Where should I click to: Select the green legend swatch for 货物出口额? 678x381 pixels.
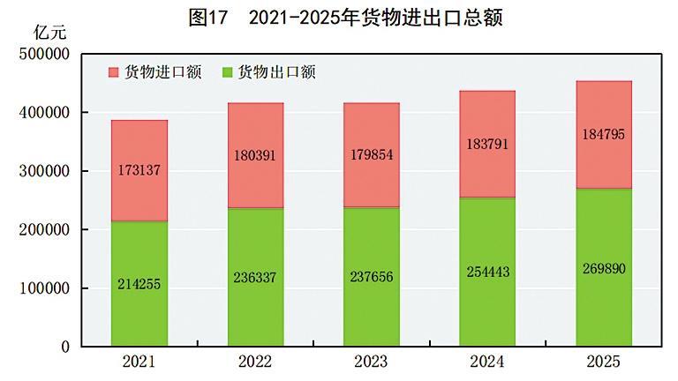click(229, 72)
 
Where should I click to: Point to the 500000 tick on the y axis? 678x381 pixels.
click(43, 54)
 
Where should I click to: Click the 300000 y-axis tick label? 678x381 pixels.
click(43, 171)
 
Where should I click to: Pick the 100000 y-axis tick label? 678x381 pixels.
click(43, 288)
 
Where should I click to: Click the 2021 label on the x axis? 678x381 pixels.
click(139, 362)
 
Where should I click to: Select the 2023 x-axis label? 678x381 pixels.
click(371, 362)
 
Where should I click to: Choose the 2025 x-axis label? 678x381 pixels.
click(604, 362)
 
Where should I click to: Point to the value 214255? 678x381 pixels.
click(139, 284)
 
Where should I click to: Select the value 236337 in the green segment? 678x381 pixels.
click(255, 277)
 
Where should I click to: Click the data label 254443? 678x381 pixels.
click(488, 273)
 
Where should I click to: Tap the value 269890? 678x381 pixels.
click(604, 267)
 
